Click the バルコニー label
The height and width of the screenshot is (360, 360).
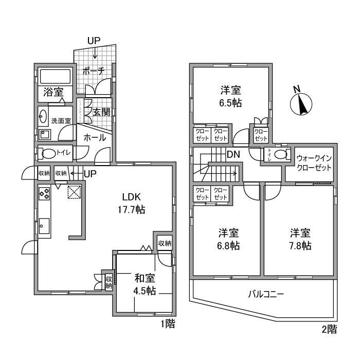point(266,295)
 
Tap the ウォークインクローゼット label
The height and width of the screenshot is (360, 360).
point(313,164)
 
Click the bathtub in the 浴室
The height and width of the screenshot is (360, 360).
point(55,77)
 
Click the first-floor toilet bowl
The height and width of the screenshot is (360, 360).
point(48,153)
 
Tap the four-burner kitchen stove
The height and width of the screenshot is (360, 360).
point(44,194)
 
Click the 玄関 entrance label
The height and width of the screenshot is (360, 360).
point(102,112)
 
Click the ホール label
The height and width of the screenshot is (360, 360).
point(95,137)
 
